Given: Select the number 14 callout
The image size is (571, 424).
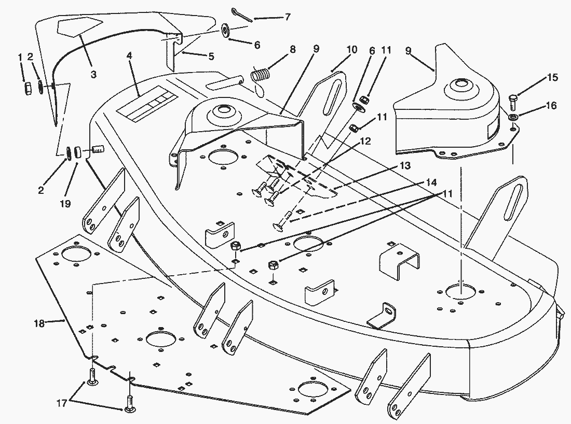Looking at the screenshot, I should tap(431, 182).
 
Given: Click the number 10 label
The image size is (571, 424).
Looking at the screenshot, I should tap(352, 50).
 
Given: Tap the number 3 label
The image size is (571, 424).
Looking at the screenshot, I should tap(93, 74).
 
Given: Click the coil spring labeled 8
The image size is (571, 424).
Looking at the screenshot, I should tap(261, 74).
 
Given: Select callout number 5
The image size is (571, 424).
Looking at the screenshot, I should tap(211, 57).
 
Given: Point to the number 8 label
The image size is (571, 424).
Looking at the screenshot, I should tap(293, 50).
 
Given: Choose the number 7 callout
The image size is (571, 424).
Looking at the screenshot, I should tap(287, 17).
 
